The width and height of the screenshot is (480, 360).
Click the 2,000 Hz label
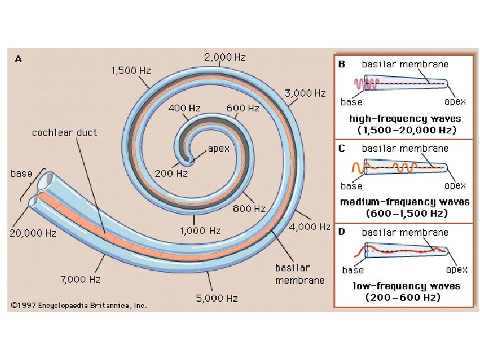[x=225, y=57]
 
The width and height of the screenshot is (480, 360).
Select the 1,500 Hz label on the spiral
[x=131, y=70]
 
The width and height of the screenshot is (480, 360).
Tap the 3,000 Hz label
[x=305, y=93]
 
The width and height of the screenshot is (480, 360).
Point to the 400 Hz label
[x=185, y=108]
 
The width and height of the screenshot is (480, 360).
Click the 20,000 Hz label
[x=32, y=233]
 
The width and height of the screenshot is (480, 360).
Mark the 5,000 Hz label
[x=217, y=299]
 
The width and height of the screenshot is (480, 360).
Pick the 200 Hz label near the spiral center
[x=171, y=173]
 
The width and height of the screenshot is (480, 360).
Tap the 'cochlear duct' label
[x=65, y=133]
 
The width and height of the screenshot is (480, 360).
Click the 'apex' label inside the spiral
[x=219, y=148]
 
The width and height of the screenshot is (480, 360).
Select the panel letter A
[x=18, y=59]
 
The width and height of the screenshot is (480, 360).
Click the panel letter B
[x=342, y=65]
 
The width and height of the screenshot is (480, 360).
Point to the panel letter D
[x=342, y=232]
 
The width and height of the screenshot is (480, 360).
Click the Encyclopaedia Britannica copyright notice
[x=78, y=306]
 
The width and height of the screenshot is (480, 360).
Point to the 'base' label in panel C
[x=351, y=186]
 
